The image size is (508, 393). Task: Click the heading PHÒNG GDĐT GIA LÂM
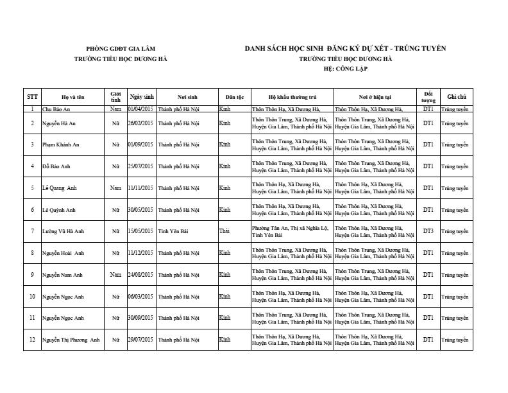click(121, 49)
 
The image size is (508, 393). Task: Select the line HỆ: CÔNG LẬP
click(345, 67)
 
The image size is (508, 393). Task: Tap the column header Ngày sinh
click(142, 97)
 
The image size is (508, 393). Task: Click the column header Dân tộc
click(234, 97)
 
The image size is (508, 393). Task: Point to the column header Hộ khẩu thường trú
click(292, 97)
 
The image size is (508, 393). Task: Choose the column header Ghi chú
click(456, 97)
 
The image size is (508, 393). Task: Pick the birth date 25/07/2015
click(140, 166)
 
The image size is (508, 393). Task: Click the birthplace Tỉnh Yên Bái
click(173, 231)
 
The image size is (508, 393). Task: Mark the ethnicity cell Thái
click(224, 231)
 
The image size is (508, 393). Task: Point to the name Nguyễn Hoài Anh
click(63, 253)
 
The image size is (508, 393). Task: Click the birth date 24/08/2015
click(140, 275)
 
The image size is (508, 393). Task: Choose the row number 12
click(32, 340)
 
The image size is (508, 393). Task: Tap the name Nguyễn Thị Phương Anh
click(71, 340)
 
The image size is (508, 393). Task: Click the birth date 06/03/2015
click(140, 297)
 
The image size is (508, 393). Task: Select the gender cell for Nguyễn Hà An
click(115, 123)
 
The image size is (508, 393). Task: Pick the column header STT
click(32, 97)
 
